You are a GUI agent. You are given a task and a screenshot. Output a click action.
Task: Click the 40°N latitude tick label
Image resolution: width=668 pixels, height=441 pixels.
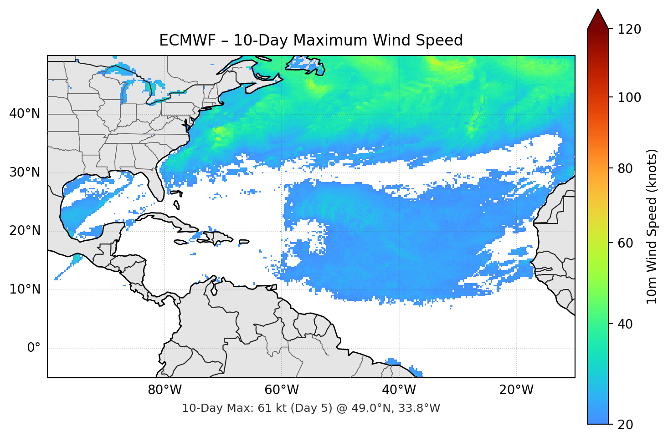[25, 114]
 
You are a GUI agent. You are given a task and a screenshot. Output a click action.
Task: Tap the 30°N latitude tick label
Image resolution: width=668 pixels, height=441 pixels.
[25, 172]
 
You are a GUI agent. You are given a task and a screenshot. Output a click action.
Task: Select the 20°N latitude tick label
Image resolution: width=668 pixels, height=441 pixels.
[25, 231]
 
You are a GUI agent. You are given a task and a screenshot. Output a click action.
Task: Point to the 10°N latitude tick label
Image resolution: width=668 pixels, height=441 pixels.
[25, 289]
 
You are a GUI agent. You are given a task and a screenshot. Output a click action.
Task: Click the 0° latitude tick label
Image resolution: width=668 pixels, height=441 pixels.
[34, 348]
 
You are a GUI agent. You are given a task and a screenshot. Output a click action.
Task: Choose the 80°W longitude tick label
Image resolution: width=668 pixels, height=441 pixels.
[164, 390]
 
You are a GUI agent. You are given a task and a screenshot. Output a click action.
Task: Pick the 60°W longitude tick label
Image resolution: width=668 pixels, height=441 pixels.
[282, 390]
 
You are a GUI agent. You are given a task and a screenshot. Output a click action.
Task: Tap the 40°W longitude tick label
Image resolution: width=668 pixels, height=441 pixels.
[399, 390]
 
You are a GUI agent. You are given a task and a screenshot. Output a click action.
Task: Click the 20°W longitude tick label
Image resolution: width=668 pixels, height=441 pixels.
[516, 390]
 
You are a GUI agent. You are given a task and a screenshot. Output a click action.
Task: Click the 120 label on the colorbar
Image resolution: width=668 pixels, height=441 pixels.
[629, 30]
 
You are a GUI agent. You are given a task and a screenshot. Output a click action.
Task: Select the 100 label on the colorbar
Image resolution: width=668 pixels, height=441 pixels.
[629, 97]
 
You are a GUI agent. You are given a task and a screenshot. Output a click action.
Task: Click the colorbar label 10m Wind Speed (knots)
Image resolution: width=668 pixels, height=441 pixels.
[652, 227]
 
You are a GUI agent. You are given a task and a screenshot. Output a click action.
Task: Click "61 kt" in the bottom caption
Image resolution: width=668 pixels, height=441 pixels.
[271, 408]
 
